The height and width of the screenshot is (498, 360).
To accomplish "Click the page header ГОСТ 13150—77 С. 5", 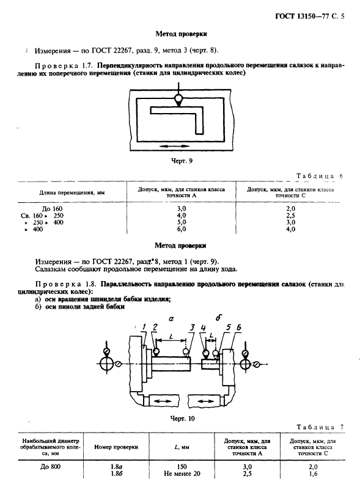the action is tap(309, 16).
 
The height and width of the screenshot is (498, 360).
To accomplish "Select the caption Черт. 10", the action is tap(182, 419).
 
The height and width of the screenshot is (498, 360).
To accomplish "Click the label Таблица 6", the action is tap(320, 176).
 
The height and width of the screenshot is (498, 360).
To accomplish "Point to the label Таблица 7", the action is tap(320, 427).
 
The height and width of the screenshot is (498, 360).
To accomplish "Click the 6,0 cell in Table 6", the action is tap(181, 229).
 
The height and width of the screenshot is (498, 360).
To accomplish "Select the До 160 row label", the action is tap(52, 208).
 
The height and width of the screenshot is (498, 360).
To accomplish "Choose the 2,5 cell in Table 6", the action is tap(290, 216).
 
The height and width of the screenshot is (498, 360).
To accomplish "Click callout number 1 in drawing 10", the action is tap(144, 327).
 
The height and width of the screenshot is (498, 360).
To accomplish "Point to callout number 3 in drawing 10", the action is tap(191, 328).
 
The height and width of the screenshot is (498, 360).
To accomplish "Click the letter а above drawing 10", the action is tap(171, 319).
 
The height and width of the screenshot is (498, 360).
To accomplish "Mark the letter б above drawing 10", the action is tap(219, 318).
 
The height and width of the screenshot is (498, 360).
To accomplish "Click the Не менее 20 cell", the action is tap(182, 474).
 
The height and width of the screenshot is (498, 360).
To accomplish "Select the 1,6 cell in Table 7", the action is tap(312, 474).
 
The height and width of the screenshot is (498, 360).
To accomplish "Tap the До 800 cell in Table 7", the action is tap(51, 467).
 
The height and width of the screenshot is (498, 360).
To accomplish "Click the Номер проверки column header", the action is tap(116, 447).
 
